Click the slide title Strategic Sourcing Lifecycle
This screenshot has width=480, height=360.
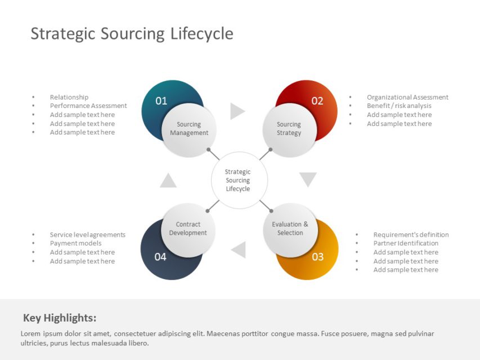132,34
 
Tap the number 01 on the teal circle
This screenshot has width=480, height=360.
162,101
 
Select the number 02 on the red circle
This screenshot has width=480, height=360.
317,101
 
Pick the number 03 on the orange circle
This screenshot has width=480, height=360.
318,256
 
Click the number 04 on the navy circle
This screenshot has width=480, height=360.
160,256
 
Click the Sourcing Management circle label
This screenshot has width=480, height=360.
189,129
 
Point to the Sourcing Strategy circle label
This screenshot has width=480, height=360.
289,129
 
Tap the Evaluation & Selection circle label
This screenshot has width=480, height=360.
290,228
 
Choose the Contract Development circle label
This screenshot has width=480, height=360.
188,228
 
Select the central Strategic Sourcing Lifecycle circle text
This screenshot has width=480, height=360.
238,180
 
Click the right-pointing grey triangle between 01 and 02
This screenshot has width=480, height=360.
237,111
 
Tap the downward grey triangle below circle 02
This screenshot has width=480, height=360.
308,179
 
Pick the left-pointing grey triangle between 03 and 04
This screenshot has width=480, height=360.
239,249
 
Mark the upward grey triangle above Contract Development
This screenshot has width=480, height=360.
168,181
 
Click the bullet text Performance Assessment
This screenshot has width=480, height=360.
88,106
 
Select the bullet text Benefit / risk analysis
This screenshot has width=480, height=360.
399,106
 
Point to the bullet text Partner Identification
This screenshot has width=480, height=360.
406,243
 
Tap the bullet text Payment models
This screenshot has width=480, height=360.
75,243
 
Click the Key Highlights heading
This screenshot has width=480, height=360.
60,317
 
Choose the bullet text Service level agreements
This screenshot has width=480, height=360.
87,235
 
